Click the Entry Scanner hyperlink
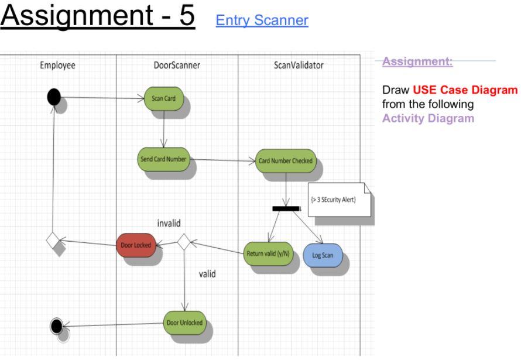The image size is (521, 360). (x=262, y=20)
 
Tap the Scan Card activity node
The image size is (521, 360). (x=163, y=98)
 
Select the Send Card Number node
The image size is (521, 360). (x=163, y=159)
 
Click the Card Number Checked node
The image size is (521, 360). (x=286, y=160)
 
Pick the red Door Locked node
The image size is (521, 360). (x=135, y=245)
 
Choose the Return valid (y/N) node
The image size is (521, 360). (x=268, y=253)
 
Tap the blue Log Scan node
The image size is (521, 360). (x=323, y=255)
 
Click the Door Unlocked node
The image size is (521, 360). (x=184, y=323)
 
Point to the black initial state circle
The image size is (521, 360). (x=54, y=97)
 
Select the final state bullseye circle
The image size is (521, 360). (x=56, y=325)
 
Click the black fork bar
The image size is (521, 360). (x=286, y=208)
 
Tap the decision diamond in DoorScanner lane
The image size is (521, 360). (x=184, y=242)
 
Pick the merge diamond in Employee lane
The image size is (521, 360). (x=53, y=240)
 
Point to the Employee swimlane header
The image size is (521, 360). (x=57, y=66)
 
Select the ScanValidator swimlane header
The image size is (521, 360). (x=298, y=66)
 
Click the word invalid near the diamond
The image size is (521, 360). (x=169, y=223)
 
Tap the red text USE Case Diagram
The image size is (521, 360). (x=465, y=90)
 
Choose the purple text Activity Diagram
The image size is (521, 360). (x=428, y=118)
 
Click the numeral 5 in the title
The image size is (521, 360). (x=185, y=16)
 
